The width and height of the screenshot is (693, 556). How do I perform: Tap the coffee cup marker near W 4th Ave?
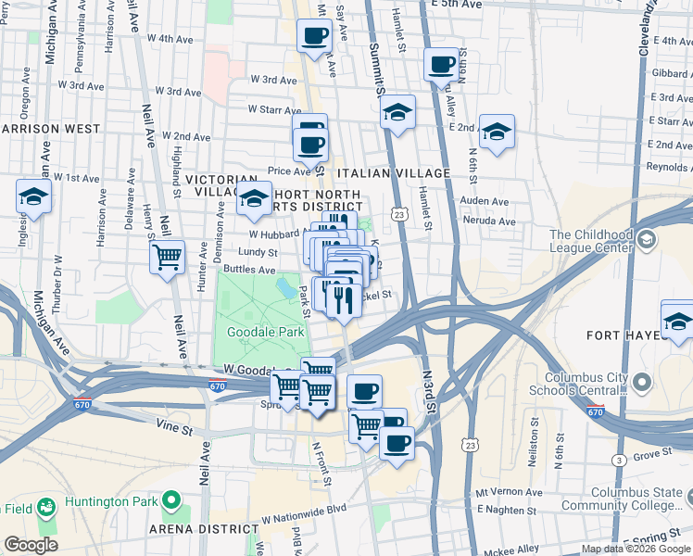[314, 36]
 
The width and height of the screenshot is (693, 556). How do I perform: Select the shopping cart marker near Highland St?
[167, 257]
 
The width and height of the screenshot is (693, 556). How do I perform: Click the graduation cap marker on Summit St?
[398, 112]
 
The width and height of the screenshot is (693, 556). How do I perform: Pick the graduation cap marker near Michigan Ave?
[33, 196]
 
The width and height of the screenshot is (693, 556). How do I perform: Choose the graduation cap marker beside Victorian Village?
[254, 198]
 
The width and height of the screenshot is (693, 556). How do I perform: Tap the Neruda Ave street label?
[494, 221]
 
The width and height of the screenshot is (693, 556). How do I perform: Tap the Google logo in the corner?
[31, 545]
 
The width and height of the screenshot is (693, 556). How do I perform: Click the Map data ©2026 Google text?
[636, 549]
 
